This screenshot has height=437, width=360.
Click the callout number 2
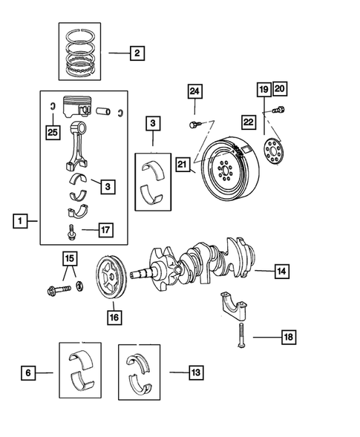tap(137, 53)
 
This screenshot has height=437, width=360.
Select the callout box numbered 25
tap(50, 131)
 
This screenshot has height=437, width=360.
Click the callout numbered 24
tap(194, 91)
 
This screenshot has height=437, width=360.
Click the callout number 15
tap(69, 259)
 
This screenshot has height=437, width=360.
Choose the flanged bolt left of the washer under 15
tap(60, 287)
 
